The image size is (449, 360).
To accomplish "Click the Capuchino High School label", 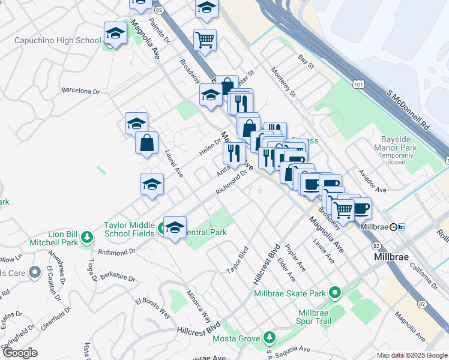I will pyautogui.click(x=58, y=41).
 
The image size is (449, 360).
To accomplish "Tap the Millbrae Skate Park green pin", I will pyautogui.click(x=335, y=293).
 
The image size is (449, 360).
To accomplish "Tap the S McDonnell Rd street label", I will pyautogui.click(x=409, y=110).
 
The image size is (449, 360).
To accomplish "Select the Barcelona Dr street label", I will pyautogui.click(x=80, y=91).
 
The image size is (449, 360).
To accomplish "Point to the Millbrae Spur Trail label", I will pyautogui.click(x=323, y=317).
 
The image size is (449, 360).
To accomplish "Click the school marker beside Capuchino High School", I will pyautogui.click(x=115, y=35).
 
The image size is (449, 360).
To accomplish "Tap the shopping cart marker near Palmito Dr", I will pyautogui.click(x=205, y=40).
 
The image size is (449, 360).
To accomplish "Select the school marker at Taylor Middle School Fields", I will pyautogui.click(x=175, y=227).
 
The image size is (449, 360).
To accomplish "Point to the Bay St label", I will pyautogui.click(x=306, y=61).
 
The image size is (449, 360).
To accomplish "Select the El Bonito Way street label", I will pyautogui.click(x=152, y=308).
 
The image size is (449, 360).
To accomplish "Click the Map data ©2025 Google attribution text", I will pyautogui.click(x=411, y=355).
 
